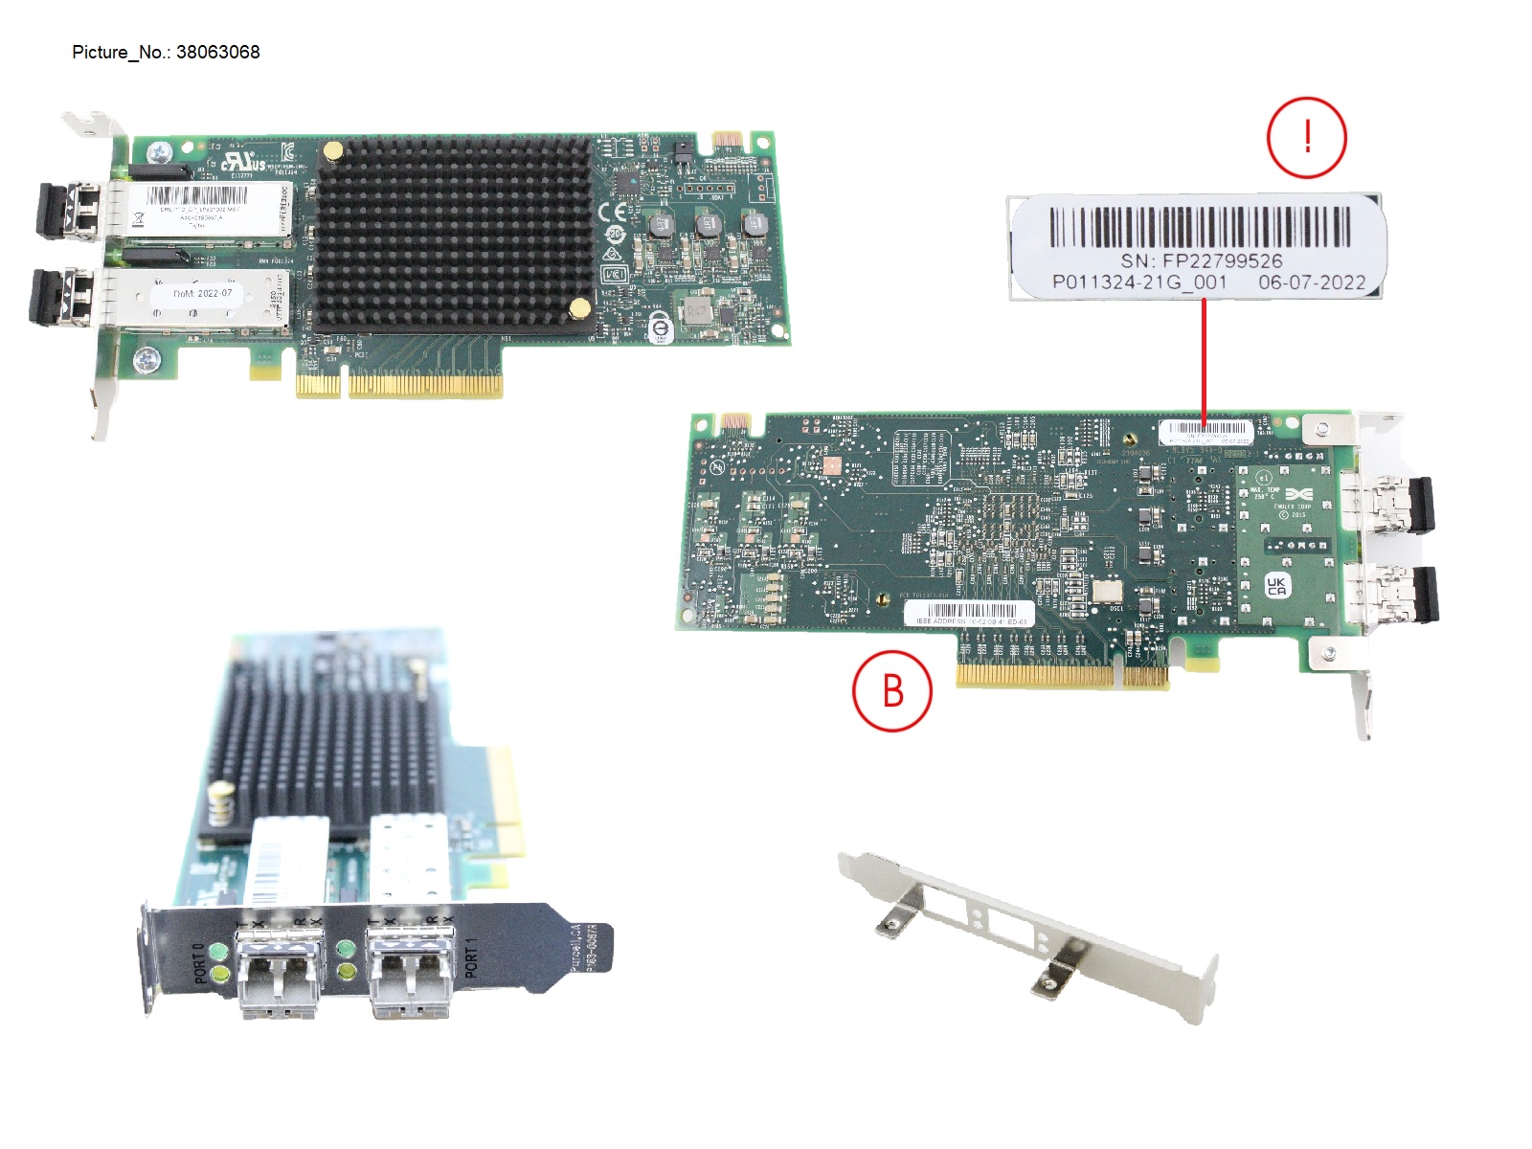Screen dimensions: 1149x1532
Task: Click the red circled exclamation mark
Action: tap(1306, 138)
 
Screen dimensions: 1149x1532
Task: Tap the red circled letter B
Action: tap(891, 690)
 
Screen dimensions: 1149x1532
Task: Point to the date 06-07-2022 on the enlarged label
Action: tap(1311, 282)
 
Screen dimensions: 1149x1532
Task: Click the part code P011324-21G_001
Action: tap(1138, 282)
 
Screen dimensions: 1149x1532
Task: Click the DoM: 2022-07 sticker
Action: tap(203, 293)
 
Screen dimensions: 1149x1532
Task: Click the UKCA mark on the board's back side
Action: tap(1276, 585)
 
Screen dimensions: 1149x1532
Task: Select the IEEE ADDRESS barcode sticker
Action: tap(970, 614)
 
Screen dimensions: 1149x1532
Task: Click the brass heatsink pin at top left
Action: tap(332, 150)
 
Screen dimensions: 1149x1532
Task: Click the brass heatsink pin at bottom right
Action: tap(579, 307)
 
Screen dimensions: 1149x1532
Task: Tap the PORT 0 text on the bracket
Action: tap(199, 963)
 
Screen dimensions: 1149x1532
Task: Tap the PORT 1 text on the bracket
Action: tap(471, 958)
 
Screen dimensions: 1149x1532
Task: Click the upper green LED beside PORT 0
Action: tap(219, 952)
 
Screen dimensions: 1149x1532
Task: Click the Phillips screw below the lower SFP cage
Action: tap(146, 360)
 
